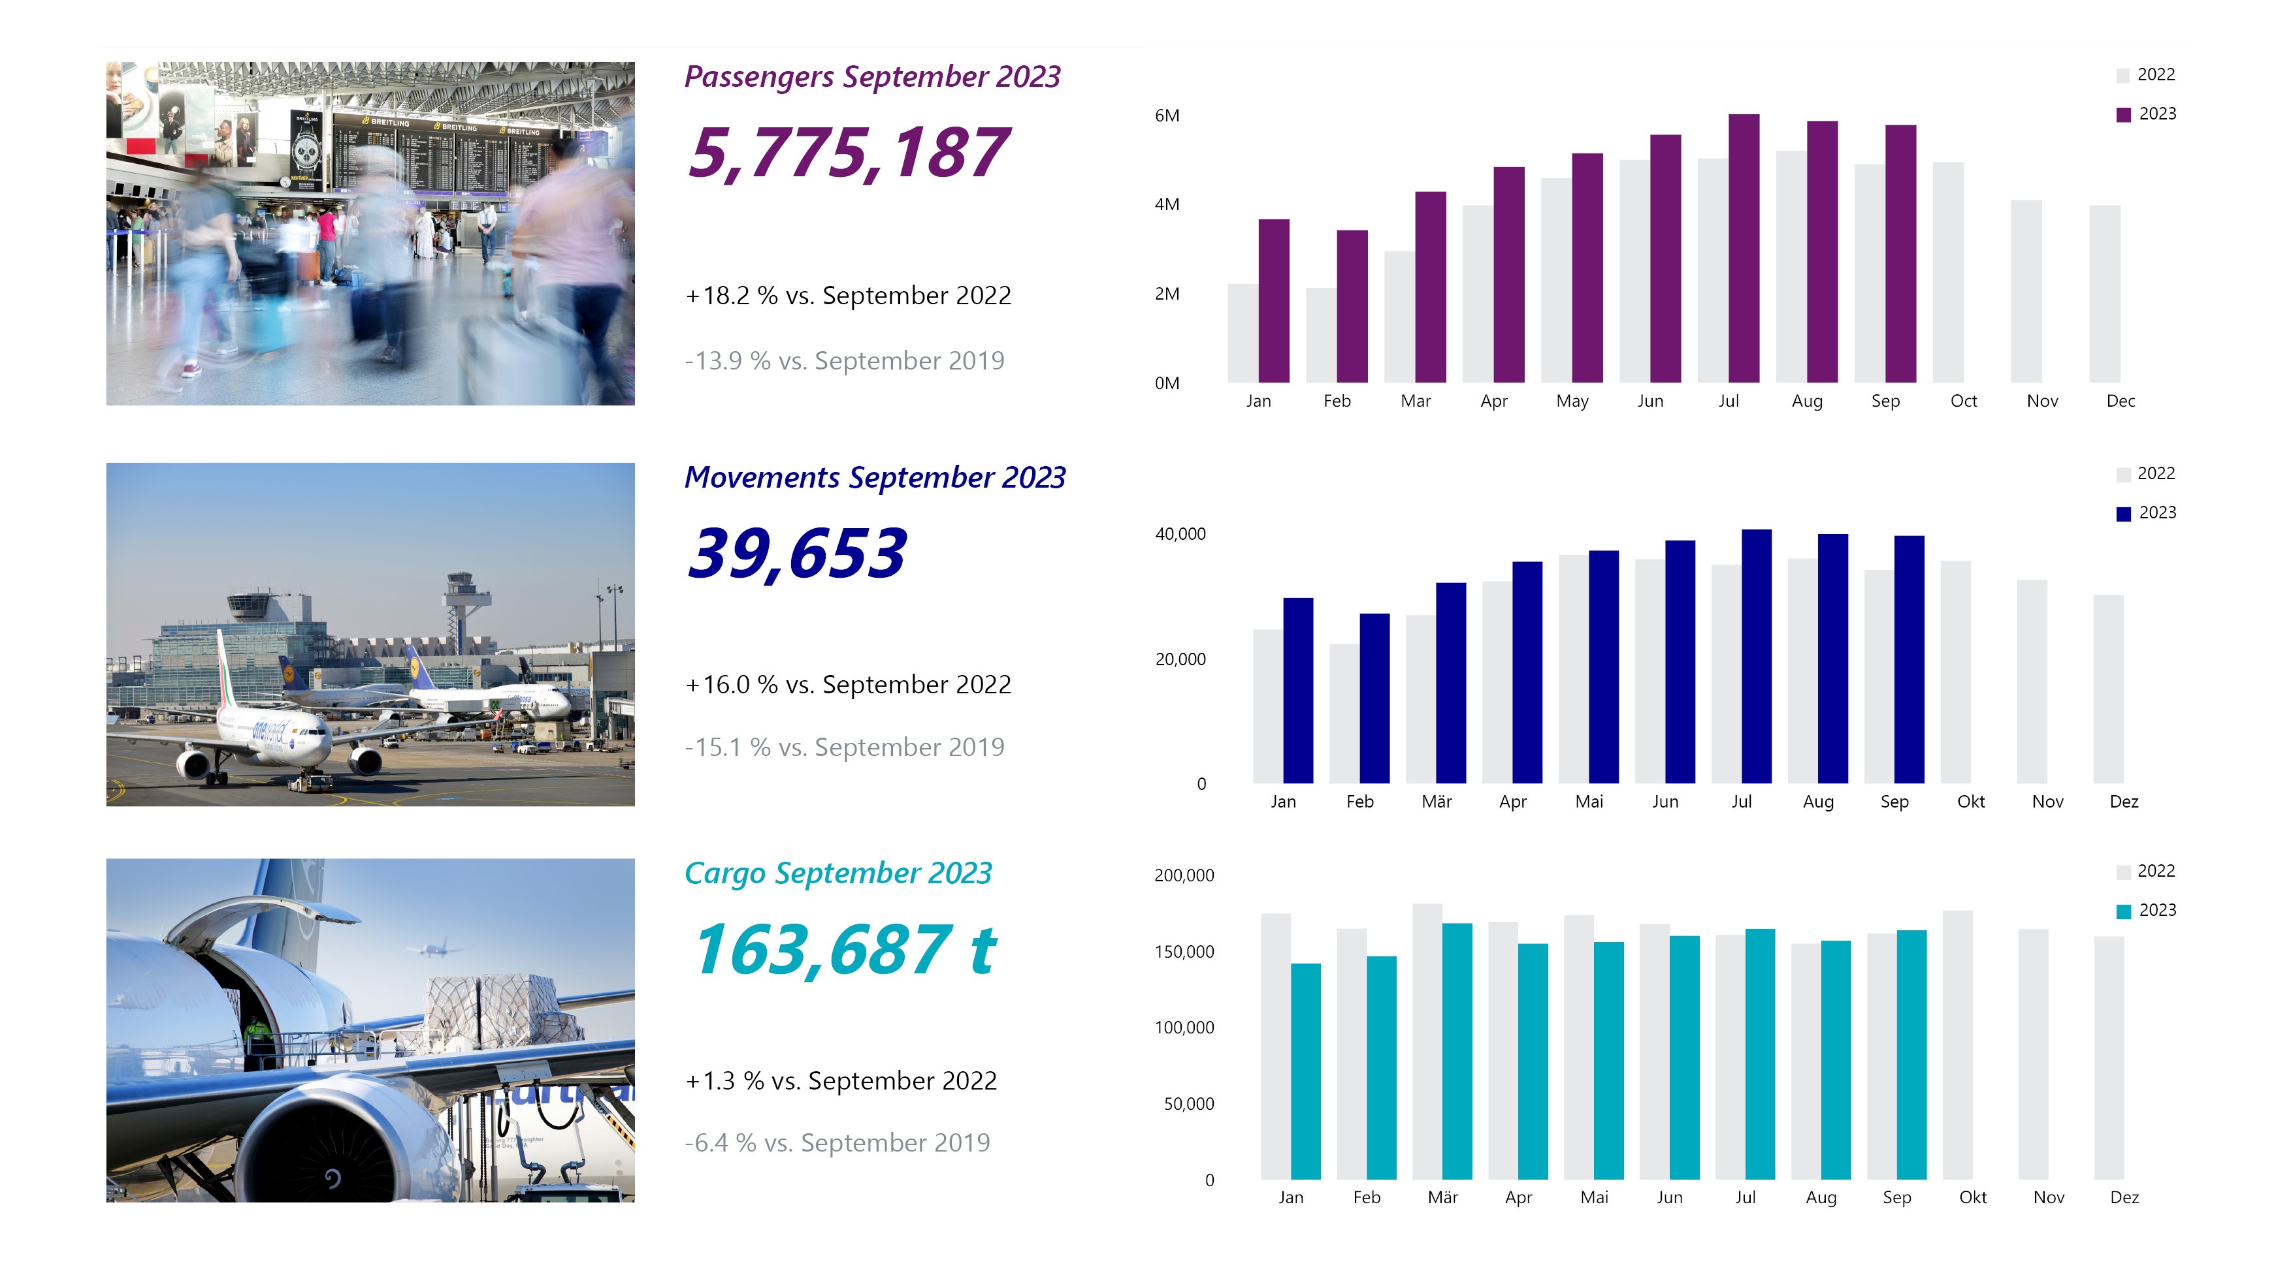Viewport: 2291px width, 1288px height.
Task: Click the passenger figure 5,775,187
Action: click(847, 153)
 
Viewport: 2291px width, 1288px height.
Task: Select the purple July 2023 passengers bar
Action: click(1743, 249)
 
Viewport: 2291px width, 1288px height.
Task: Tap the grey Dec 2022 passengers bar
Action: click(2104, 293)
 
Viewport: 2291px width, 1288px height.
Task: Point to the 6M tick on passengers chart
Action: click(1166, 116)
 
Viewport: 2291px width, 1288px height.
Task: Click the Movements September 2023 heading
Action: click(874, 477)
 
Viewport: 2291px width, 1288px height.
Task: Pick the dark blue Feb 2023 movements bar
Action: click(1374, 698)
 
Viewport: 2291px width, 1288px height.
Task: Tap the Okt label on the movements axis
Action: click(1970, 802)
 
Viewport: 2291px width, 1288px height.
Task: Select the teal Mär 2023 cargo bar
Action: click(1457, 1050)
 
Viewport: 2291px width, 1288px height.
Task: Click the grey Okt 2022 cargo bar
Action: click(1957, 1045)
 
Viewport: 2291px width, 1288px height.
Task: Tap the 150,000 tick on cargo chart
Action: click(1184, 952)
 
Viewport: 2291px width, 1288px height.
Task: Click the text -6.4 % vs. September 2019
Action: click(837, 1142)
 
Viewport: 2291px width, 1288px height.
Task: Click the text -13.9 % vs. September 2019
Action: click(844, 361)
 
